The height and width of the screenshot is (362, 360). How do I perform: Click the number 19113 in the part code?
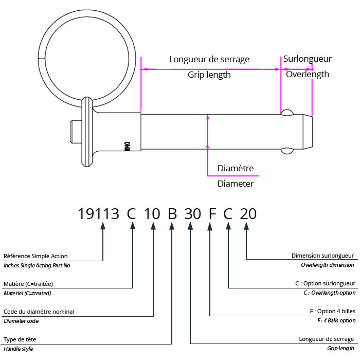point(99,213)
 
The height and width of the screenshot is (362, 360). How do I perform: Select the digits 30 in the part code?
point(192,213)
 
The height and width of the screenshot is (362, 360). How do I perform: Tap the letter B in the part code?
point(173,213)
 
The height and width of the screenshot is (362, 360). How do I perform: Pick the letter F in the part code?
point(211,213)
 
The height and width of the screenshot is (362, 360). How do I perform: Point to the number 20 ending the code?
point(248,213)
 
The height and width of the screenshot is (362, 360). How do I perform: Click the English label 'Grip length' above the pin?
point(209,75)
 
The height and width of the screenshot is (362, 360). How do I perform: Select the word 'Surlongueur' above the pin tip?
point(307,59)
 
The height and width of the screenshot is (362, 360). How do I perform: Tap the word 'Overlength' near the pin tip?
point(307,74)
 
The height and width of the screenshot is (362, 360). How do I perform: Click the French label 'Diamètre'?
point(236,168)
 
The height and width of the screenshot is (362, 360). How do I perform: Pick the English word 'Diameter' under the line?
point(236,184)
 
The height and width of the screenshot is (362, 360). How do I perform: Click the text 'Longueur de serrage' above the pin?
point(209,59)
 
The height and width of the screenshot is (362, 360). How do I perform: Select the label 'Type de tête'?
point(20,339)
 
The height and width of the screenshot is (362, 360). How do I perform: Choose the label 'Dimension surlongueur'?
point(322,256)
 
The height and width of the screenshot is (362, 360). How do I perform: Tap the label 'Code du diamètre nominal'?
point(39,312)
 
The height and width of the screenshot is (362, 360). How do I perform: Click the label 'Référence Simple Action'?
point(35,256)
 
